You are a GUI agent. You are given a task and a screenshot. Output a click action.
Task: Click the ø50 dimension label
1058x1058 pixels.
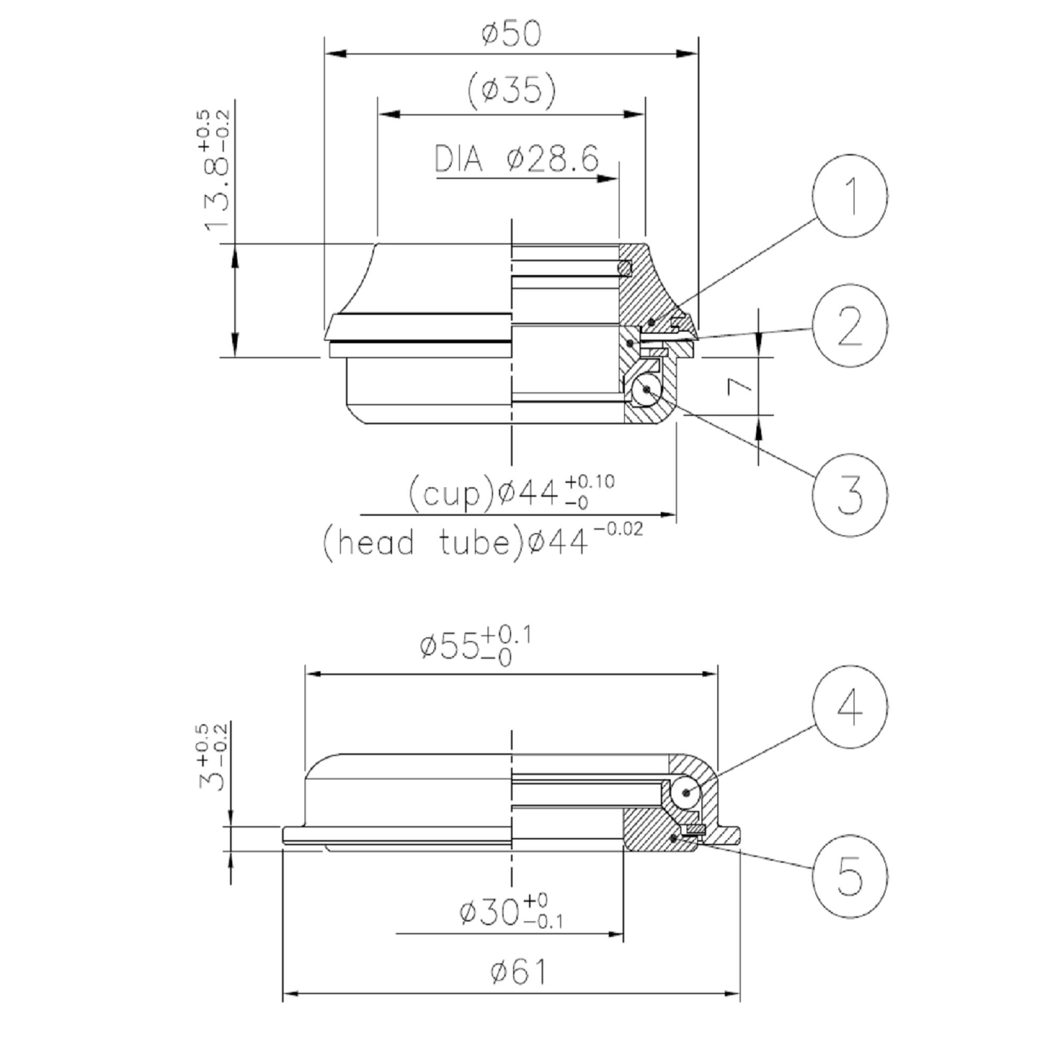click(512, 34)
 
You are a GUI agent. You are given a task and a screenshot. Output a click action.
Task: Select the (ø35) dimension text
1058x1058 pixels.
click(512, 90)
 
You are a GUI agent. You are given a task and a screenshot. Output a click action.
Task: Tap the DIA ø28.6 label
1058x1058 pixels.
click(517, 159)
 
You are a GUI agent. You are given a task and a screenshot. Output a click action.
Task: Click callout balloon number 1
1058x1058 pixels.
click(850, 196)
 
